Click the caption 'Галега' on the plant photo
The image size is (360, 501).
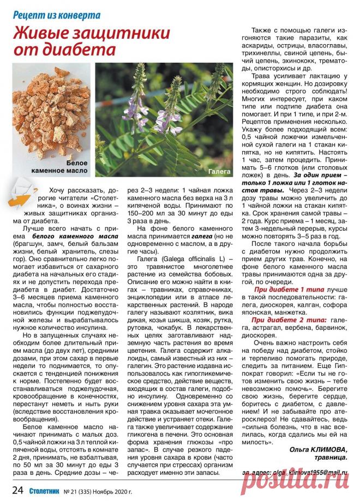pos(219,171)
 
